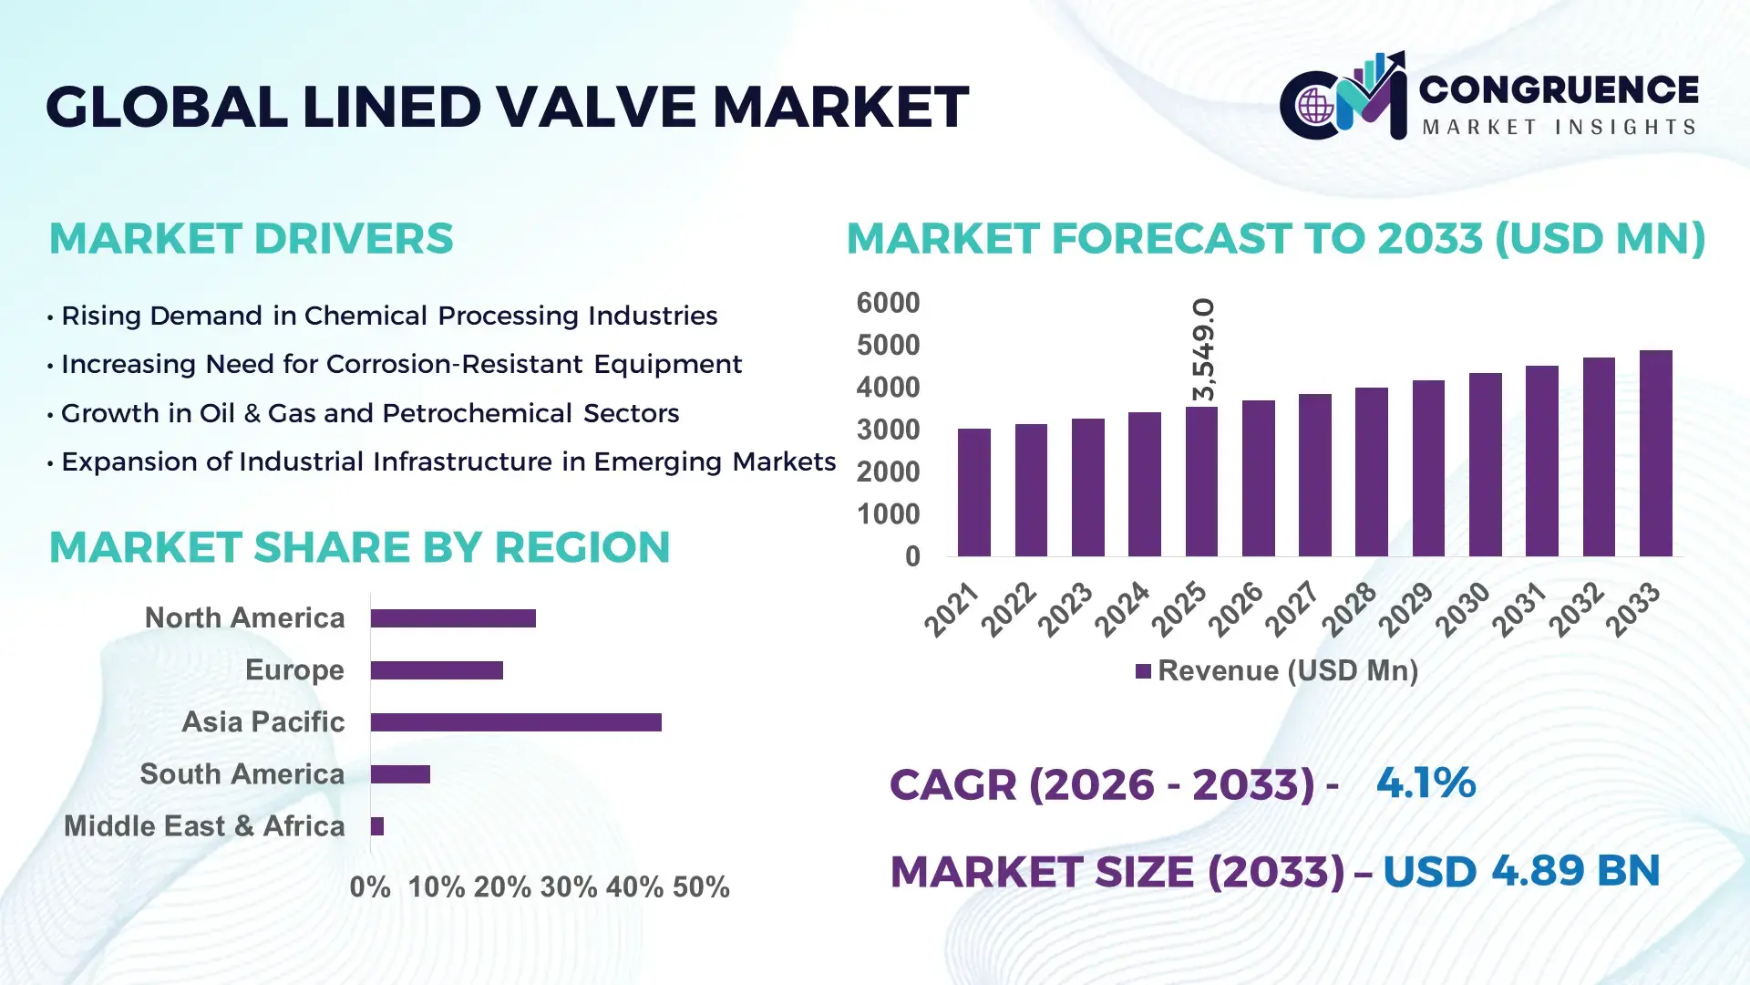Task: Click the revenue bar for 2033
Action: point(1655,454)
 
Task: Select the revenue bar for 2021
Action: point(973,493)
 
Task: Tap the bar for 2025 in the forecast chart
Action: point(1201,482)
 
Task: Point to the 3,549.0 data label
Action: point(1204,349)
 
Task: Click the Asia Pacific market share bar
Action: point(516,722)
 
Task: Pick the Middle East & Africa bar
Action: point(377,826)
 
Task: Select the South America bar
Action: point(400,774)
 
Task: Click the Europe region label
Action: point(294,670)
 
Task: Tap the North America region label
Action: point(244,618)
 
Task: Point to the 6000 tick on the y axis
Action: point(888,303)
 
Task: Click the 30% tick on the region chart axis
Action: point(569,887)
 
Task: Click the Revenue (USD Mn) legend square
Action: point(1143,671)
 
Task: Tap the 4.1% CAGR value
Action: point(1426,783)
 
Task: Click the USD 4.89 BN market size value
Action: point(1520,871)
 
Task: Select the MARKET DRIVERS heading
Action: point(251,239)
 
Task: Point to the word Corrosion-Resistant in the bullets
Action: point(455,365)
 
